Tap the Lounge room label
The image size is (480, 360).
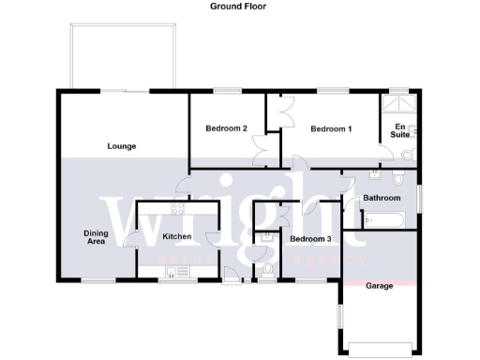pos(122,146)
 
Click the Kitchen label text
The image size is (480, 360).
pos(177,236)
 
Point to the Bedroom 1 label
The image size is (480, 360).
pos(331,128)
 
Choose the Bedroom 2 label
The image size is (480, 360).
pos(226,128)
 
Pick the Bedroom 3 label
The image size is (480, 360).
pos(310,239)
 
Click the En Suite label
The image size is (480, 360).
pos(399,131)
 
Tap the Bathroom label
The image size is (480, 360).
pos(382,198)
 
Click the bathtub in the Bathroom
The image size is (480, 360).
pos(384,221)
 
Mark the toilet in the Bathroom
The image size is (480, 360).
pos(398,178)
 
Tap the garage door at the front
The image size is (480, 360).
pos(378,352)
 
